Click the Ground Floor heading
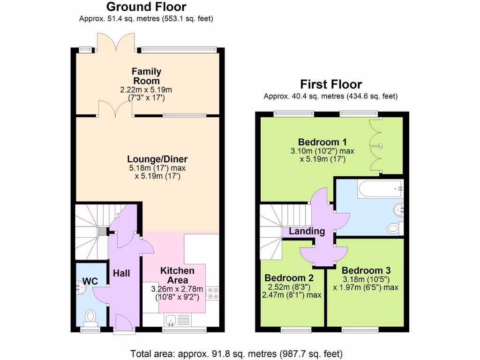pyautogui.click(x=146, y=7)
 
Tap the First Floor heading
pyautogui.click(x=331, y=84)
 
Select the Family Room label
pyautogui.click(x=146, y=76)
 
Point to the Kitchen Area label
pyautogui.click(x=177, y=275)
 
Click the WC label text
pyautogui.click(x=90, y=281)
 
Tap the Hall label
pyautogui.click(x=121, y=273)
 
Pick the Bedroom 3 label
pyautogui.click(x=366, y=270)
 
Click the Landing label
pyautogui.click(x=307, y=231)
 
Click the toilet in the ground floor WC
pyautogui.click(x=90, y=317)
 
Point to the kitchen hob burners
pyautogui.click(x=214, y=293)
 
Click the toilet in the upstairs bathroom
pyautogui.click(x=394, y=228)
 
